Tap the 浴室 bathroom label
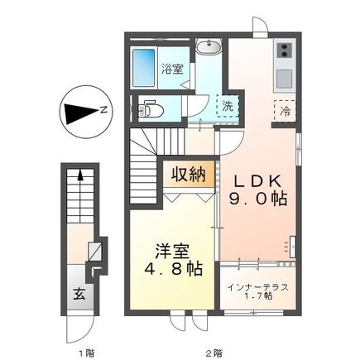[172, 70]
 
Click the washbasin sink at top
[208, 47]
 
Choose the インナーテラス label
[257, 286]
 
